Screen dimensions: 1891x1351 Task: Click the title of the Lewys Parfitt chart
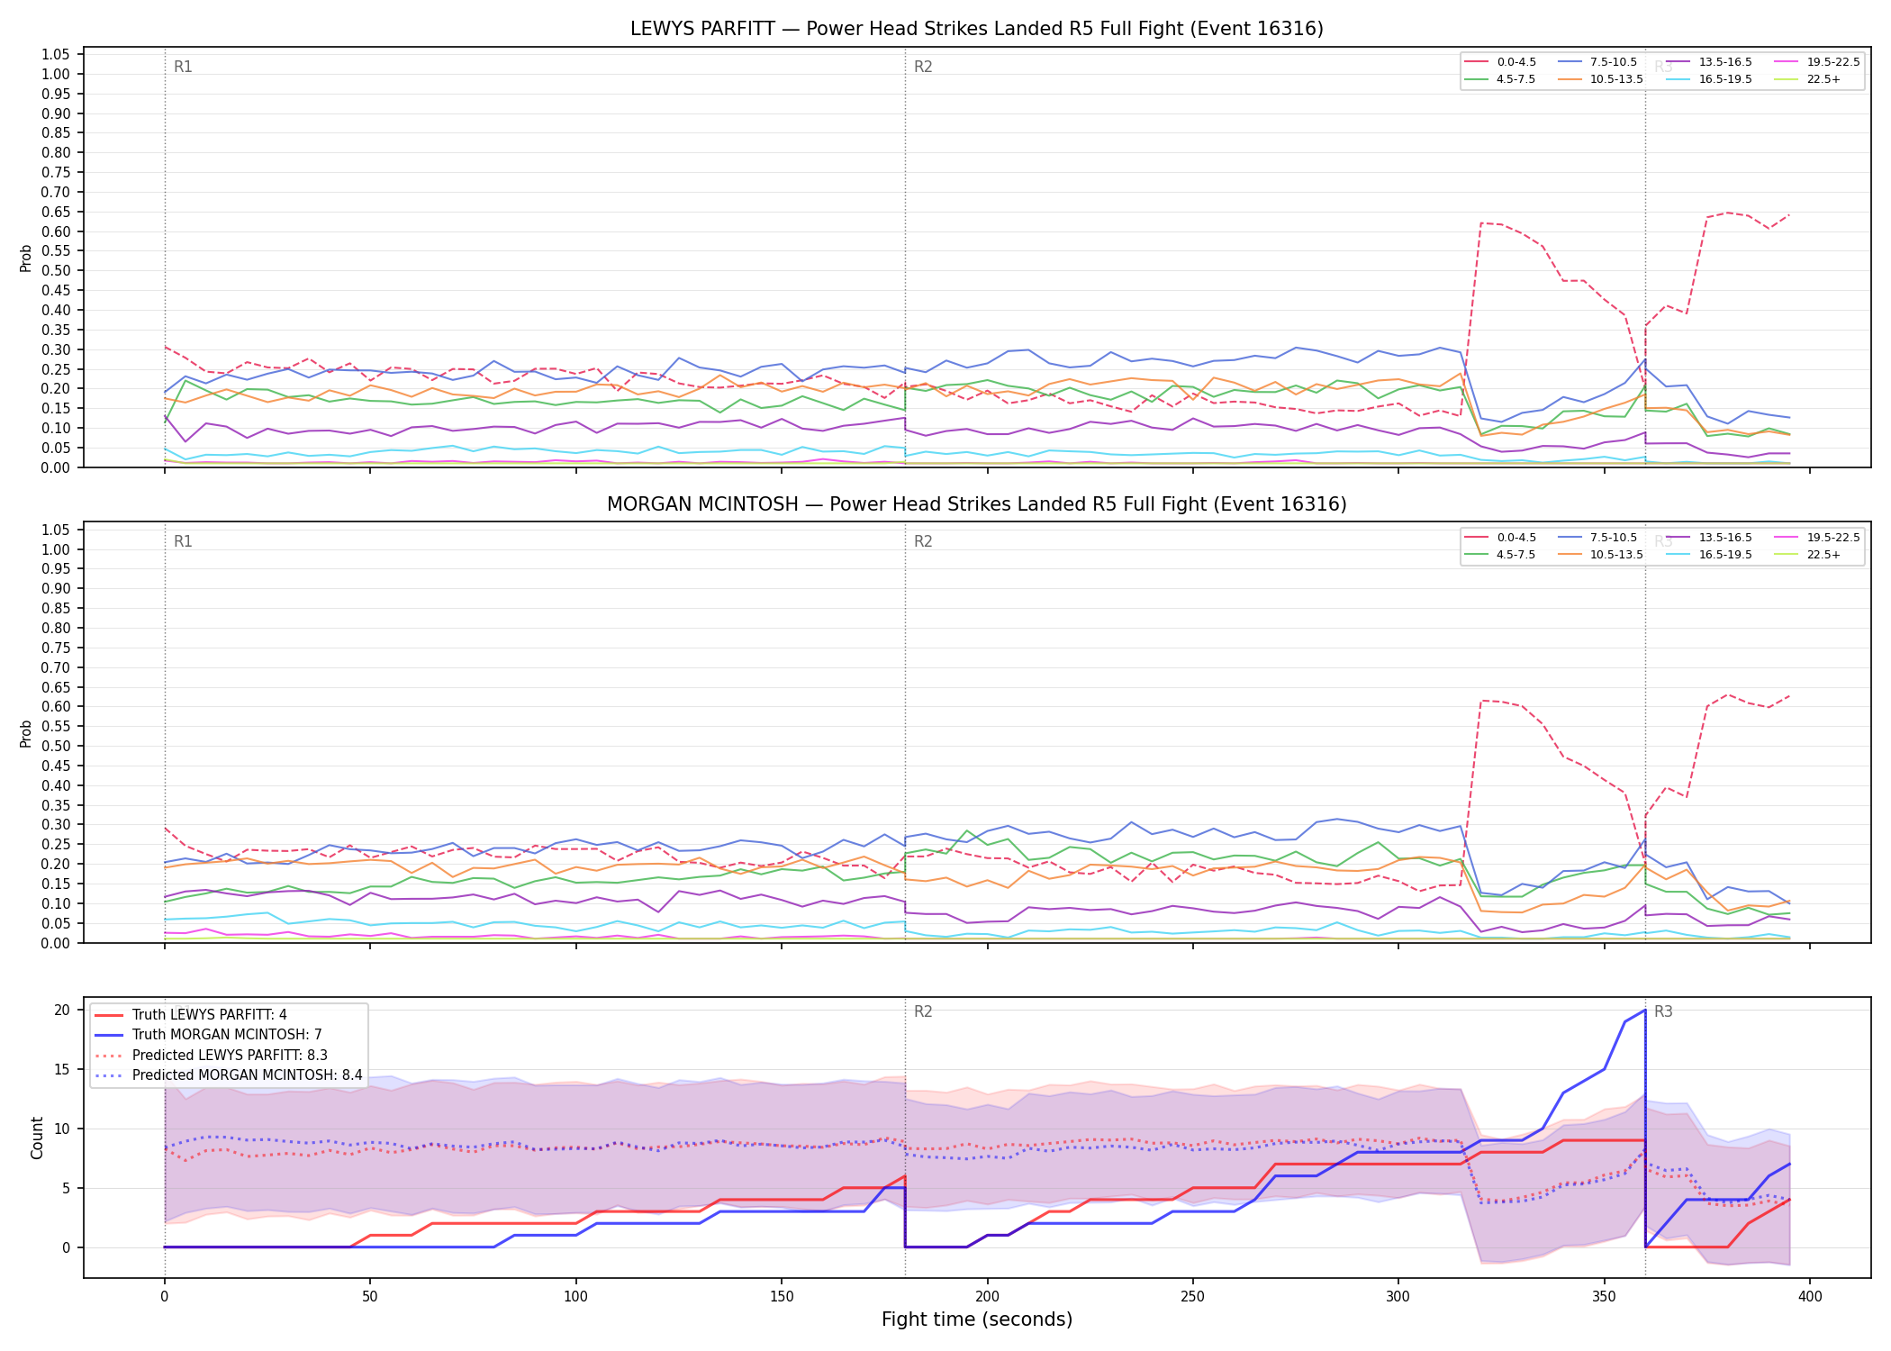click(x=977, y=29)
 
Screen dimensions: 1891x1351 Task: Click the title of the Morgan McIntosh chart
click(x=977, y=504)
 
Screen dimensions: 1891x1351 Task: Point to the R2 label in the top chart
click(x=923, y=67)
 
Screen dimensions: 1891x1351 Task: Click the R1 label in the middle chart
click(x=183, y=541)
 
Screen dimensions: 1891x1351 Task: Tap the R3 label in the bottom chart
click(x=1663, y=1011)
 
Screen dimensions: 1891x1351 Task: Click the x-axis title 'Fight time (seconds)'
click(x=977, y=1319)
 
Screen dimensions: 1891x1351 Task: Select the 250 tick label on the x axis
click(x=1192, y=1297)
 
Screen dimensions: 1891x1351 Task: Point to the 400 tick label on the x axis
click(x=1809, y=1297)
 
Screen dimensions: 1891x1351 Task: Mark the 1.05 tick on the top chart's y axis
click(x=56, y=55)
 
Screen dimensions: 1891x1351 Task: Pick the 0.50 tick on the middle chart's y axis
click(x=56, y=746)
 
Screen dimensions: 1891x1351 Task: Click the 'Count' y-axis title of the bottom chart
click(x=37, y=1138)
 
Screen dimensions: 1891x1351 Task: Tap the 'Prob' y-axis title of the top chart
click(x=26, y=258)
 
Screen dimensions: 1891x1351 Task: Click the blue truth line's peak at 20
click(x=1645, y=1010)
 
